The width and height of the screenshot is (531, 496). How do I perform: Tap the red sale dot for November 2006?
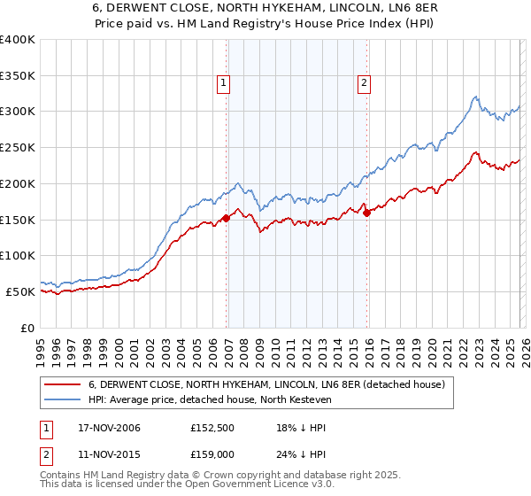pos(227,218)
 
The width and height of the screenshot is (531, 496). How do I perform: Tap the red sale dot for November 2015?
pos(367,213)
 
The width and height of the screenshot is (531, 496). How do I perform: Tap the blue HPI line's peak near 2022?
pos(475,97)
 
